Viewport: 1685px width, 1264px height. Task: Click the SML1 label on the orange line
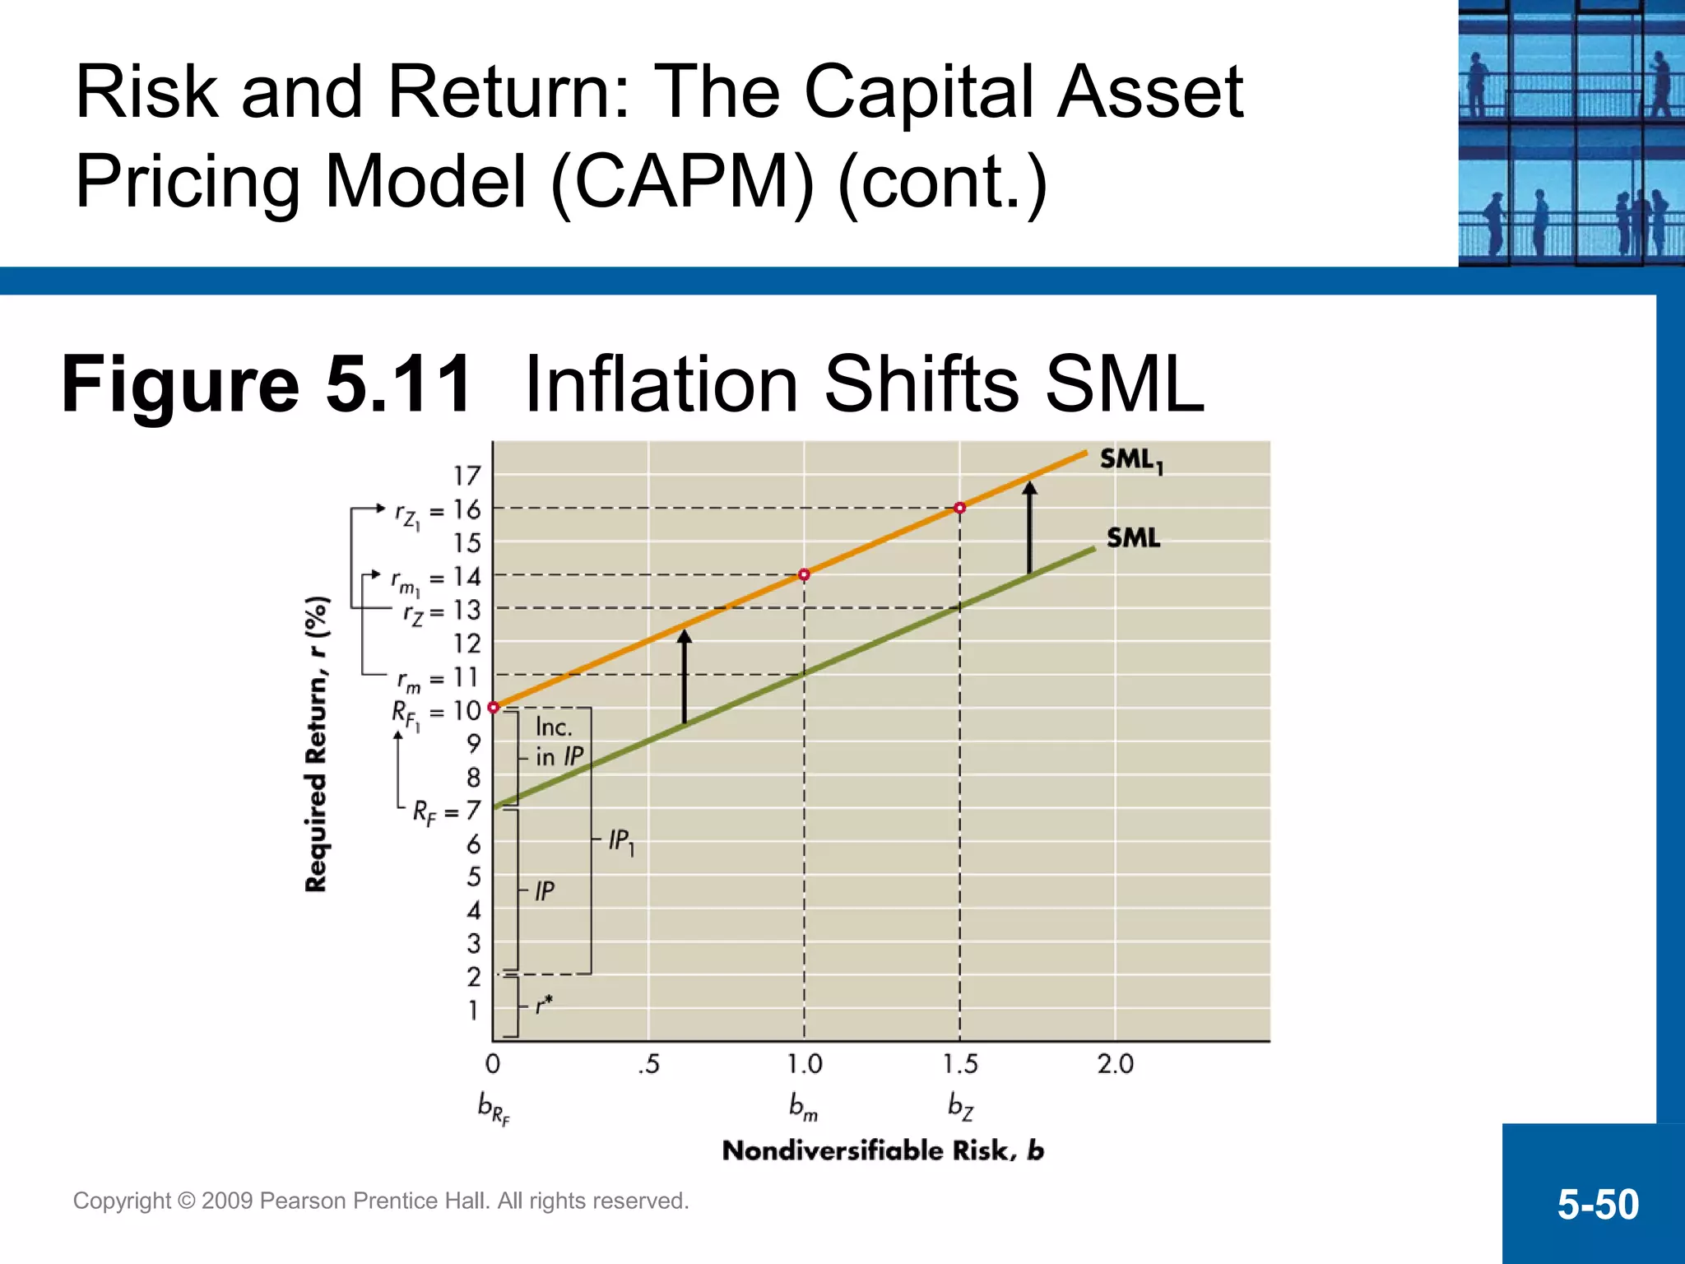click(1131, 460)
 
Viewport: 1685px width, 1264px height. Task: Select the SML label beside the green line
click(1133, 538)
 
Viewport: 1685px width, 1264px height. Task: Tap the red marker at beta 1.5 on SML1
click(959, 508)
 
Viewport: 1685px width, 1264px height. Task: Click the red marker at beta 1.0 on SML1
click(804, 574)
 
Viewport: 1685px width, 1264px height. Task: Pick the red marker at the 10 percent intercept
click(494, 708)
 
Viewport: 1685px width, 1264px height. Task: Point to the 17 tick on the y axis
click(467, 476)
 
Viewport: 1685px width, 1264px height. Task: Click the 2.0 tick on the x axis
click(1115, 1064)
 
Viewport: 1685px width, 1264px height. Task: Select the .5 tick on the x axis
click(648, 1065)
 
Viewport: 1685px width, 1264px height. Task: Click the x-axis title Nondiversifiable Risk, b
click(883, 1150)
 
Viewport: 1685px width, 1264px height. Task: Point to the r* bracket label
click(544, 1006)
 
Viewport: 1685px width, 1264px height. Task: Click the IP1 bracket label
click(621, 841)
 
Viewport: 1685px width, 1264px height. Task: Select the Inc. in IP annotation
click(558, 741)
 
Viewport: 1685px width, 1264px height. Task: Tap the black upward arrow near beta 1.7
click(1029, 527)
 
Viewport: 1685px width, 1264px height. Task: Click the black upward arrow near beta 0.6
click(685, 675)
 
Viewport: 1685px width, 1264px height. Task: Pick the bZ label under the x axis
click(960, 1106)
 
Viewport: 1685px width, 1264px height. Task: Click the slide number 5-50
click(1597, 1204)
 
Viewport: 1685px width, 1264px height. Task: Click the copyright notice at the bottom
click(381, 1201)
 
